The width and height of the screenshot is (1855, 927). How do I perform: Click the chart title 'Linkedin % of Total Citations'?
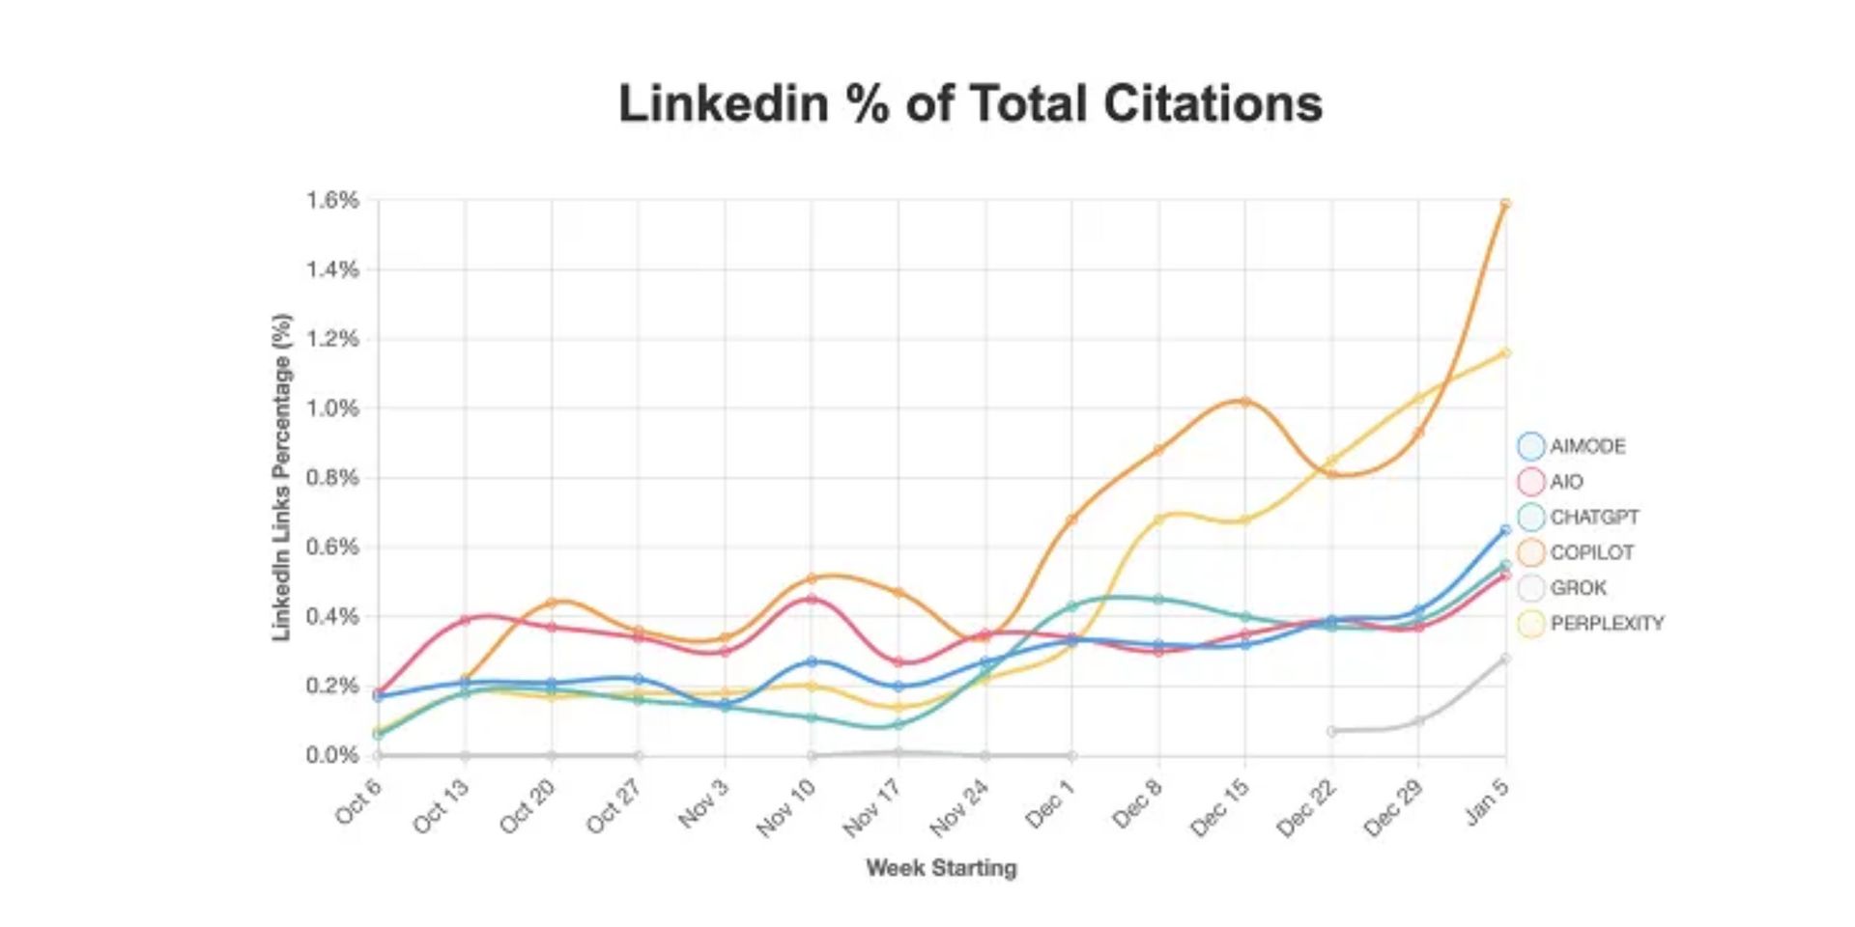970,103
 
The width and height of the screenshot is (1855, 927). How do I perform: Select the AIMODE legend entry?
1586,446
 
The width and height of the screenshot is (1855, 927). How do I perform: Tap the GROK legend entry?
1577,588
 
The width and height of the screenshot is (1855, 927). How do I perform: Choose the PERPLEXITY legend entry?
1606,624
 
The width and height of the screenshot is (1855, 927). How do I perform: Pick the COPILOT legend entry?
1590,552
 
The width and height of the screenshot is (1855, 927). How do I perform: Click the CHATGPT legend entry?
1593,518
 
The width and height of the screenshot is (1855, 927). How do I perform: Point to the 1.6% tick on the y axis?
333,200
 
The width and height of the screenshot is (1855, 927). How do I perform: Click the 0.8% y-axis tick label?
333,478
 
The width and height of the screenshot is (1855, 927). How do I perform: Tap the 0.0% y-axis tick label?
333,755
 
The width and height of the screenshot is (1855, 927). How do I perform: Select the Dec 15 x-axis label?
1220,807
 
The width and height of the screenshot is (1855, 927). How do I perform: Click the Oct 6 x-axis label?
358,801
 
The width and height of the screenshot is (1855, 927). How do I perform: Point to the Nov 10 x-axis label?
785,807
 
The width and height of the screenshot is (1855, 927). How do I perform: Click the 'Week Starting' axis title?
941,868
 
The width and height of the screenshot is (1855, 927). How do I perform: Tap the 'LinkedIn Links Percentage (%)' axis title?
281,477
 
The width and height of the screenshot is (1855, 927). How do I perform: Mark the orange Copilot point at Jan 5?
1505,204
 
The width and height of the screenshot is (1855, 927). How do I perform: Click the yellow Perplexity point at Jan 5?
1505,352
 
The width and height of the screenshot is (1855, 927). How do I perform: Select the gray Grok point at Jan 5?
1505,659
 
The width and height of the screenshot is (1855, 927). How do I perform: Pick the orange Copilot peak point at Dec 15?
1244,402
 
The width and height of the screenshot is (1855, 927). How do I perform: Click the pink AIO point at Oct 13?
465,620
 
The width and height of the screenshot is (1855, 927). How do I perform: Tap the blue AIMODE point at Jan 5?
1505,530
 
